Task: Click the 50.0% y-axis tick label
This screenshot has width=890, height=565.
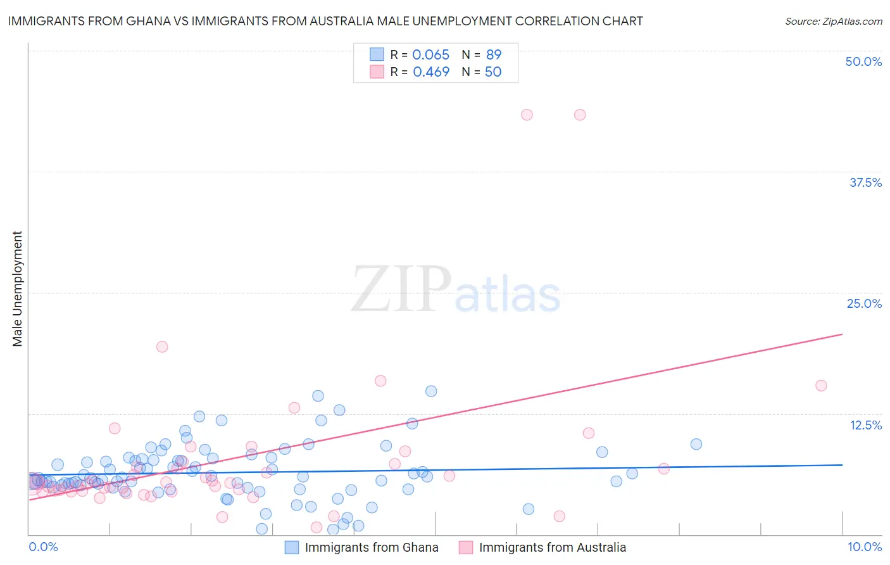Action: pyautogui.click(x=863, y=61)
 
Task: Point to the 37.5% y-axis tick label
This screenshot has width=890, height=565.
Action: pyautogui.click(x=865, y=182)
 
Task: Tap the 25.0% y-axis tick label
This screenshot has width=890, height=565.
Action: pyautogui.click(x=864, y=303)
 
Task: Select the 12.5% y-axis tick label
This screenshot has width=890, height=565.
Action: pyautogui.click(x=865, y=425)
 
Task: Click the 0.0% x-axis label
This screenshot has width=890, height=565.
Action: pyautogui.click(x=43, y=547)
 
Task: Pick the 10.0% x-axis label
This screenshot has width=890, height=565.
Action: pyautogui.click(x=865, y=547)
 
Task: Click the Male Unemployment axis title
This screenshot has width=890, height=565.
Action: pyautogui.click(x=17, y=289)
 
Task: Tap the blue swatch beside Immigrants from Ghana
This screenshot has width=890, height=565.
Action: pyautogui.click(x=291, y=547)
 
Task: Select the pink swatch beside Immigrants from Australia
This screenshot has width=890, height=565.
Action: pyautogui.click(x=466, y=547)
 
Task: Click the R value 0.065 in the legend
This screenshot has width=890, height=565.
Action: pyautogui.click(x=430, y=54)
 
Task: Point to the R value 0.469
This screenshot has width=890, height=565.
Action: pyautogui.click(x=430, y=72)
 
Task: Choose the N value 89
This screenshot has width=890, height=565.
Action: pyautogui.click(x=493, y=54)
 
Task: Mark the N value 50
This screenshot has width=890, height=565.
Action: pyautogui.click(x=493, y=72)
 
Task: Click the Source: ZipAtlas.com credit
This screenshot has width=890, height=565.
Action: pyautogui.click(x=833, y=21)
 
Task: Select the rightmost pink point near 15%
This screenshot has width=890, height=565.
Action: pyautogui.click(x=821, y=386)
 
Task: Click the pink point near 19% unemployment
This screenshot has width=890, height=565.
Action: pyautogui.click(x=162, y=346)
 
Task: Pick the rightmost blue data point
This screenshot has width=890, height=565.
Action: pyautogui.click(x=696, y=444)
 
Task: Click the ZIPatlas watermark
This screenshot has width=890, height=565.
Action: pyautogui.click(x=456, y=290)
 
